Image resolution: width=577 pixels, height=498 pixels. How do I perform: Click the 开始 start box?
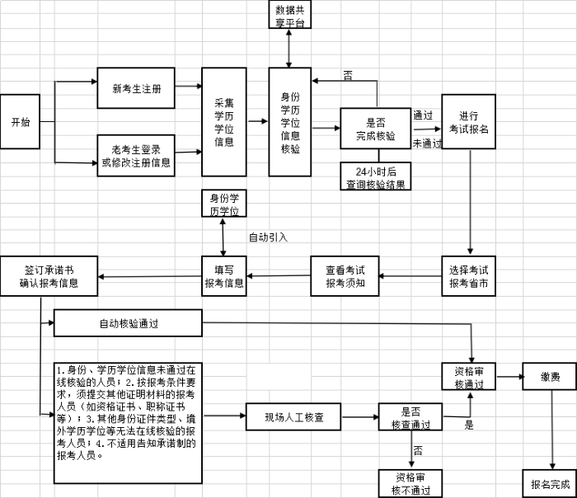click(20, 122)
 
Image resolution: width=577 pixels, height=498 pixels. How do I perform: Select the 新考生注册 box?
click(136, 88)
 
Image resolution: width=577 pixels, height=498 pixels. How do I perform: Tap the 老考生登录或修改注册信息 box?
click(136, 155)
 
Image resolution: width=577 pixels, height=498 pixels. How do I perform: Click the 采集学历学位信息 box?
click(224, 122)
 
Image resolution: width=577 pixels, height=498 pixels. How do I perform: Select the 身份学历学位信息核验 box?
click(290, 122)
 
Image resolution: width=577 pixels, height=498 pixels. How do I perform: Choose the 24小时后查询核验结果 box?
click(375, 176)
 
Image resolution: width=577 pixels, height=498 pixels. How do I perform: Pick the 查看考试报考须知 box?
click(345, 276)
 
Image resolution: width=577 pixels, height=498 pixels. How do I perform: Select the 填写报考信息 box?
click(224, 276)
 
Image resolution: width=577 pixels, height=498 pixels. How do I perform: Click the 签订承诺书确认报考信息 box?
click(49, 276)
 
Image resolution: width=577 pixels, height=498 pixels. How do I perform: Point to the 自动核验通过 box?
click(128, 323)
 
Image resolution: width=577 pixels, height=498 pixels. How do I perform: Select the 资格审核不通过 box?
click(409, 483)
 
